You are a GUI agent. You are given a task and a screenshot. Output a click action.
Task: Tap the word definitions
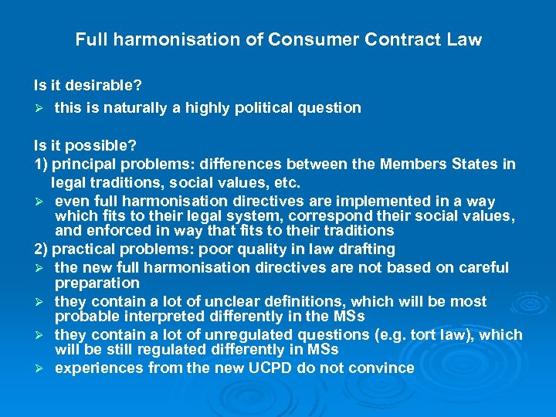298,302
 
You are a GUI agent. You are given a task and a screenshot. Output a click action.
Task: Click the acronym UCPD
276,368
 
